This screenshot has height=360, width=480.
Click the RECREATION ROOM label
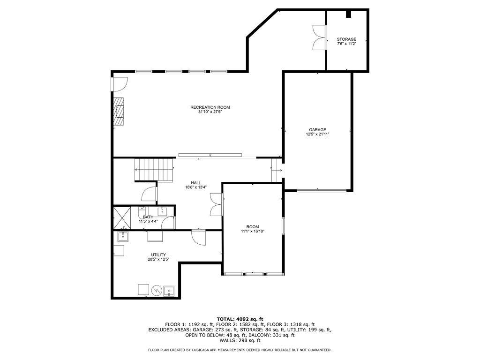210,107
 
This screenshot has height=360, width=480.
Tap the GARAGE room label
317,130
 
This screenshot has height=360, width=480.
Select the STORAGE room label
346,39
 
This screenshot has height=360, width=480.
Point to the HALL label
196,183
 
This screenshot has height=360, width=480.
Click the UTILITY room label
158,255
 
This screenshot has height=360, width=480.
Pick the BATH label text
148,217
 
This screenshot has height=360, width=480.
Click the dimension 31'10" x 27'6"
210,112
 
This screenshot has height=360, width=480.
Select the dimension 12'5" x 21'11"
317,134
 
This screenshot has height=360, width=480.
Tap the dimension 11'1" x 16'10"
253,232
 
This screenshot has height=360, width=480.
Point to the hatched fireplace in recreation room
119,112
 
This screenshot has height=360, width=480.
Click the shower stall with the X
122,218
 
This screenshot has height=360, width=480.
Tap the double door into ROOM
217,204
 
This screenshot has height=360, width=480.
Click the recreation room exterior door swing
120,84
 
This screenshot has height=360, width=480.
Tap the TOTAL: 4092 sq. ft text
240,319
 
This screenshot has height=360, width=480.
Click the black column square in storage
349,14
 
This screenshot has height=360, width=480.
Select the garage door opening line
322,190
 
